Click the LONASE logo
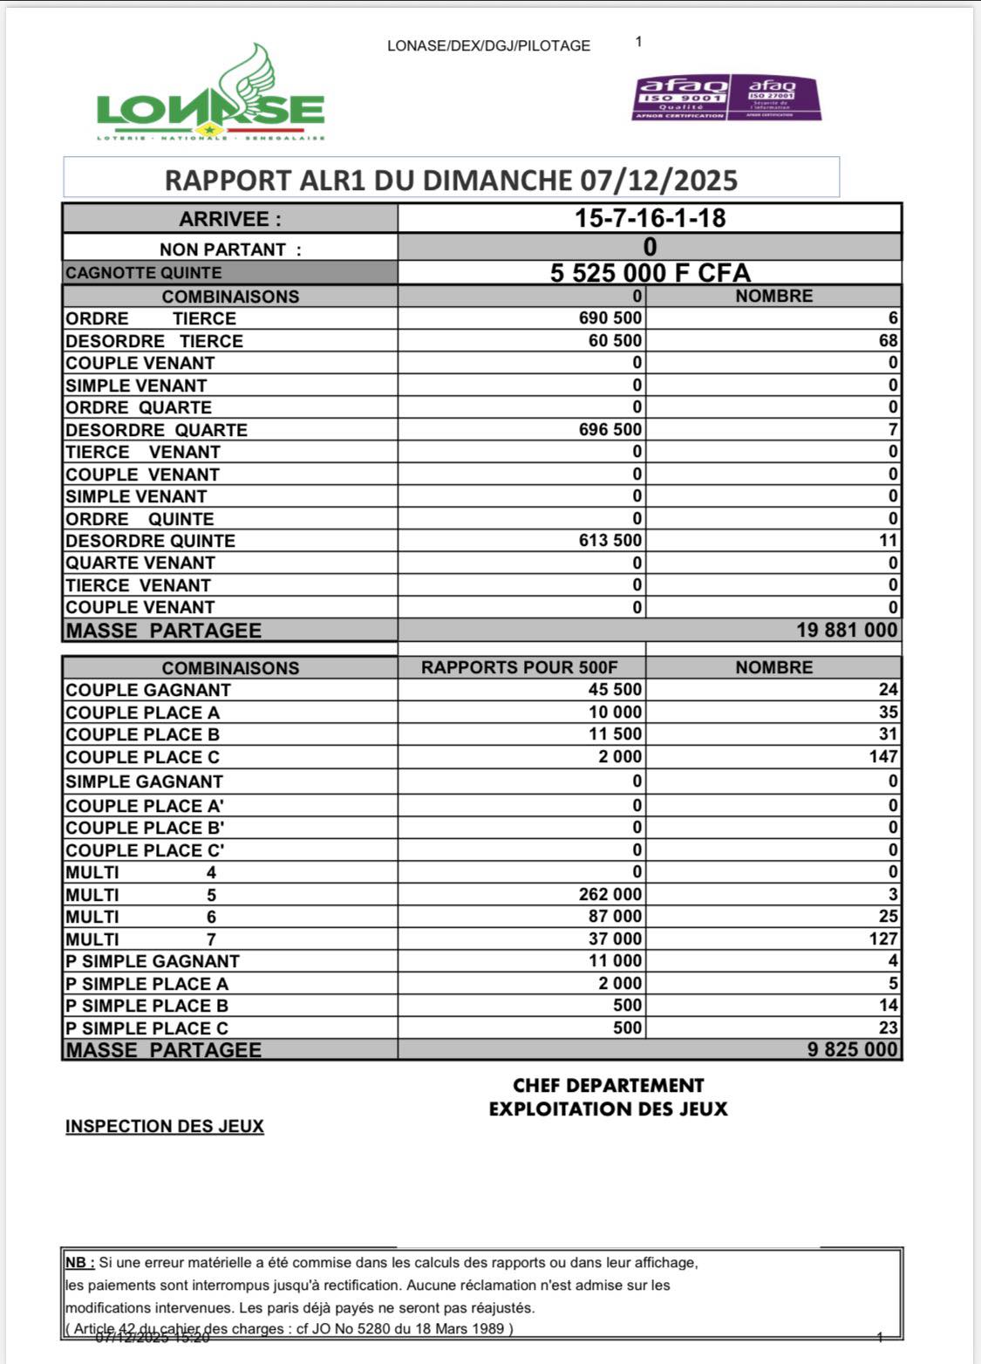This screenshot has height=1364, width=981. coord(211,96)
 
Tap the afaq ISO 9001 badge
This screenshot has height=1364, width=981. coord(680,97)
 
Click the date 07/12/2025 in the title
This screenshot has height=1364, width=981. coord(659,181)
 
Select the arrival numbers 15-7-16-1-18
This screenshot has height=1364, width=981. coord(650,218)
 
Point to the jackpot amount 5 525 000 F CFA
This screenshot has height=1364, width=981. coord(650,273)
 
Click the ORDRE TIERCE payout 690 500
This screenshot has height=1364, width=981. coord(610,318)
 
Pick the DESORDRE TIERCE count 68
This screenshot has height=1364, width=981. coord(888,341)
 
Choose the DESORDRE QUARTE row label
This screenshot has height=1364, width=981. coord(156,430)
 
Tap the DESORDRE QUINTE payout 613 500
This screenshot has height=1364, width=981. coord(610,541)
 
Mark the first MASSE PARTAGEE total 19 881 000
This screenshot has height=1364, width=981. coord(846,630)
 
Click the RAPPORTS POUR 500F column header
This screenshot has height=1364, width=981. coord(520,668)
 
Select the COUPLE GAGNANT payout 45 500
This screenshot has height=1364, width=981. coord(616,690)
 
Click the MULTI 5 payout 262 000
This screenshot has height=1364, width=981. coord(610,895)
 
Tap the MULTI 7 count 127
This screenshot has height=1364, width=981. coord(882,939)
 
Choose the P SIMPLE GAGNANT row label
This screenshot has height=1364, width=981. coord(153,961)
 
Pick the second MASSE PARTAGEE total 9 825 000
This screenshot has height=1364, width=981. coord(852,1049)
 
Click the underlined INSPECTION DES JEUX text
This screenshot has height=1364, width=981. coord(165,1126)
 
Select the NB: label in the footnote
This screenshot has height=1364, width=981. coord(79,1262)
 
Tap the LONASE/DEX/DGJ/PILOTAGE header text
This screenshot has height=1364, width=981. coord(488,46)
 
